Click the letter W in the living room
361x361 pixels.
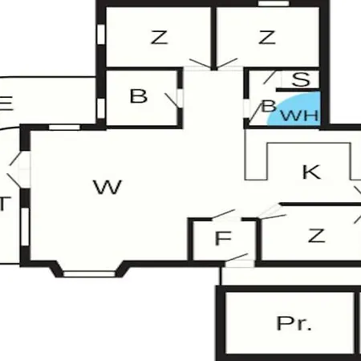tap(107, 187)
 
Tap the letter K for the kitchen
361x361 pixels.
tap(311, 172)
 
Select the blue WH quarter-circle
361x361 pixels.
tap(295, 109)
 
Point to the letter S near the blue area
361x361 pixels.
tap(301, 79)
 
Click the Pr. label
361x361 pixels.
tap(294, 323)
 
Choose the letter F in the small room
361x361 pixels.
tap(223, 238)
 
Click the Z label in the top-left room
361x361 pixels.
tap(160, 38)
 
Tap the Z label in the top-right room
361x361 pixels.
tap(267, 38)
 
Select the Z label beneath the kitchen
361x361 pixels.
tap(316, 236)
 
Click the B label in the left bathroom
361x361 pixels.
tap(139, 96)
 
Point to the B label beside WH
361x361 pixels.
tap(269, 106)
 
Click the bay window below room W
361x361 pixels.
tap(89, 274)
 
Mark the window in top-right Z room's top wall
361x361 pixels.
tap(274, 3)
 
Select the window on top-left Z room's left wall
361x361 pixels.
tap(101, 34)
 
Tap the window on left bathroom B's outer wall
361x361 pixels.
tap(101, 108)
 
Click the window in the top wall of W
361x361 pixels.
tap(64, 128)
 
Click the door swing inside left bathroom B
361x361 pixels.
tap(172, 100)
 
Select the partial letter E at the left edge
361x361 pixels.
tap(6, 103)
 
